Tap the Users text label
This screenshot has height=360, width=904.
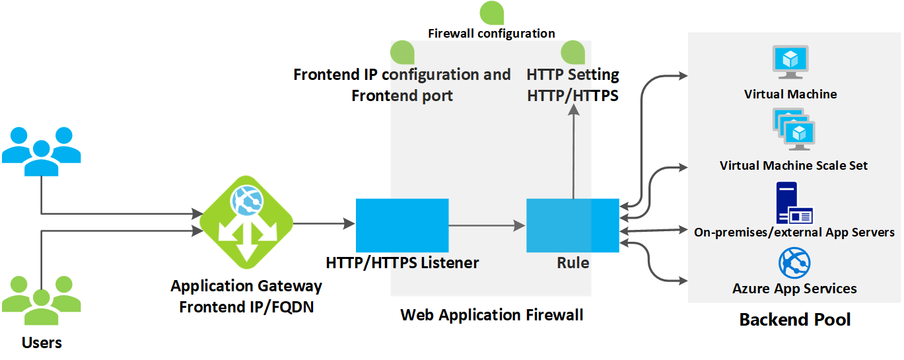(42, 343)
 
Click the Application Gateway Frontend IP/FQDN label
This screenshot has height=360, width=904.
(246, 297)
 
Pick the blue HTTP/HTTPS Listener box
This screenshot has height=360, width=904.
(402, 225)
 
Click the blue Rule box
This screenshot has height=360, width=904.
(573, 225)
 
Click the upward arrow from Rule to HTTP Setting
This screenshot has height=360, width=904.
(573, 152)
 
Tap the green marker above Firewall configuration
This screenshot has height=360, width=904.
(491, 13)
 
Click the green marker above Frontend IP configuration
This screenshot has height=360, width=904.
(402, 52)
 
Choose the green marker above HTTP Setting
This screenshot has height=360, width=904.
(573, 52)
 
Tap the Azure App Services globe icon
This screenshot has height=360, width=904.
(794, 264)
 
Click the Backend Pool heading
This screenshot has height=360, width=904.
(794, 320)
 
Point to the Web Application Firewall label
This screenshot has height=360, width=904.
(492, 315)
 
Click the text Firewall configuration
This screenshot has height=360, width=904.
(491, 33)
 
